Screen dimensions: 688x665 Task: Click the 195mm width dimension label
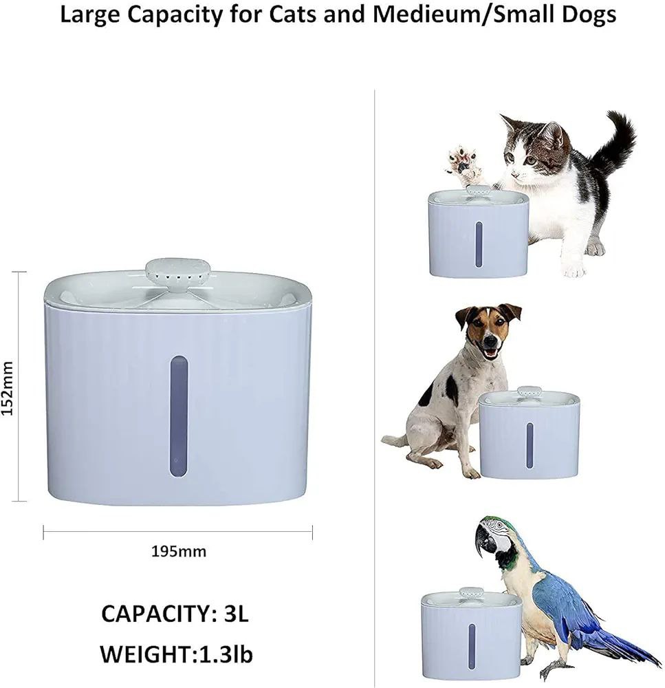pos(178,551)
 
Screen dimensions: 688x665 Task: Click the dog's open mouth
pos(490,352)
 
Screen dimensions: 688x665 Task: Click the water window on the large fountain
pos(178,416)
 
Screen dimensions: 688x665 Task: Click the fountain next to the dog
pos(529,436)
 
